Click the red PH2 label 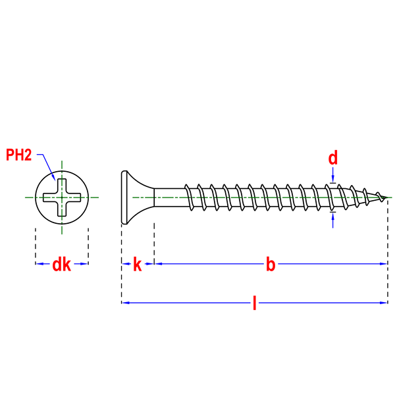click(19, 155)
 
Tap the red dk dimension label click(61, 265)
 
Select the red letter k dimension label click(138, 265)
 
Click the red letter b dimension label click(271, 265)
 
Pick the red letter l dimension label click(254, 303)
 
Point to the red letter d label click(332, 158)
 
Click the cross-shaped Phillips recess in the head click(62, 197)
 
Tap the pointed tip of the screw click(387, 197)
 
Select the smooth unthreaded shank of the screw click(170, 197)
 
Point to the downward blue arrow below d click(332, 174)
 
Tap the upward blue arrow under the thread click(332, 221)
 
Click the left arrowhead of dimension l click(126, 303)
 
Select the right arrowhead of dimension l click(383, 303)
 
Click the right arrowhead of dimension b click(383, 264)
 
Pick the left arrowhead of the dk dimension click(39, 264)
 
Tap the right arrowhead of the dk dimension click(84, 264)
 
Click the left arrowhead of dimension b click(158, 264)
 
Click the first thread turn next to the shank click(189, 197)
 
